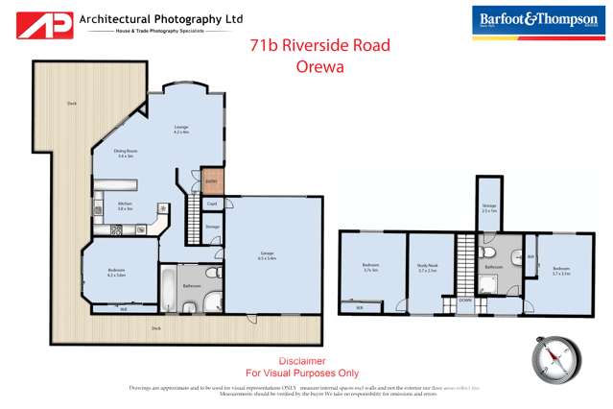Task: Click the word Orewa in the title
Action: pos(320,67)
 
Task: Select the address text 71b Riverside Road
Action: pos(320,45)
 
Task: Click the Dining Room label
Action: pos(128,154)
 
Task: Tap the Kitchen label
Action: pos(125,204)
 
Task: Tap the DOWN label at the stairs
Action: pos(464,300)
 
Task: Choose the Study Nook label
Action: pos(428,269)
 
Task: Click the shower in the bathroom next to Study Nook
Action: pos(489,285)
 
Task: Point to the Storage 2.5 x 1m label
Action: pos(489,208)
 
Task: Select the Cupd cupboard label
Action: pos(213,204)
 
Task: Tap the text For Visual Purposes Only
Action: pos(302,373)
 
